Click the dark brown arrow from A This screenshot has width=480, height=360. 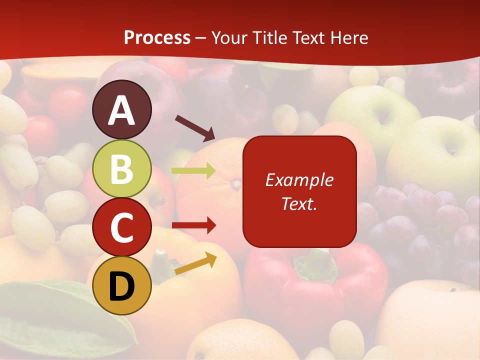coord(195,127)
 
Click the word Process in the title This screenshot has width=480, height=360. coord(157,38)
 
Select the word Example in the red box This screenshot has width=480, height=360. coord(299,180)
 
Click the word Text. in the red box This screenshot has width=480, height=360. coord(299,203)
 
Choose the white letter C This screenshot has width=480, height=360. coord(121,227)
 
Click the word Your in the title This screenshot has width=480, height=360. coord(229,38)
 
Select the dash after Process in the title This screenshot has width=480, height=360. coord(201,38)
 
